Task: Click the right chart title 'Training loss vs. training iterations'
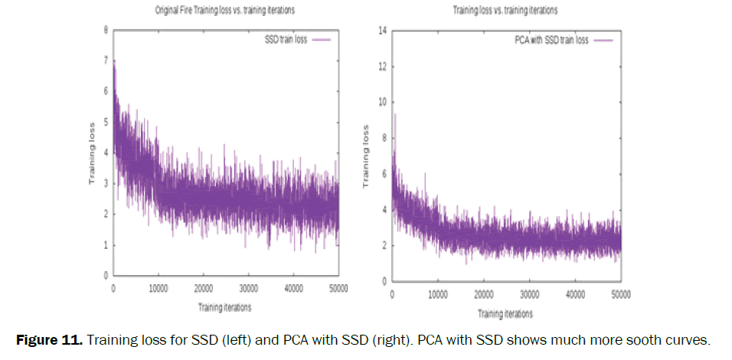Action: click(505, 11)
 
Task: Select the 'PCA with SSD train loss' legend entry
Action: click(551, 40)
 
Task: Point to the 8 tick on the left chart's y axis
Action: click(106, 30)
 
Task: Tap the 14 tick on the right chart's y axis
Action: click(384, 31)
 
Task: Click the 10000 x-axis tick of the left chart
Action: click(158, 289)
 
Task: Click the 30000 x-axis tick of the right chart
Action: click(529, 295)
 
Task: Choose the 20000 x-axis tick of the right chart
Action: click(483, 295)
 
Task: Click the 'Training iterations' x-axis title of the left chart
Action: click(224, 307)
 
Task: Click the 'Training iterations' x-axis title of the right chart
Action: click(505, 314)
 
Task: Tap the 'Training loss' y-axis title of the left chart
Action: click(92, 152)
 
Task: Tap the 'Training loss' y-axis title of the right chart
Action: click(365, 156)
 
